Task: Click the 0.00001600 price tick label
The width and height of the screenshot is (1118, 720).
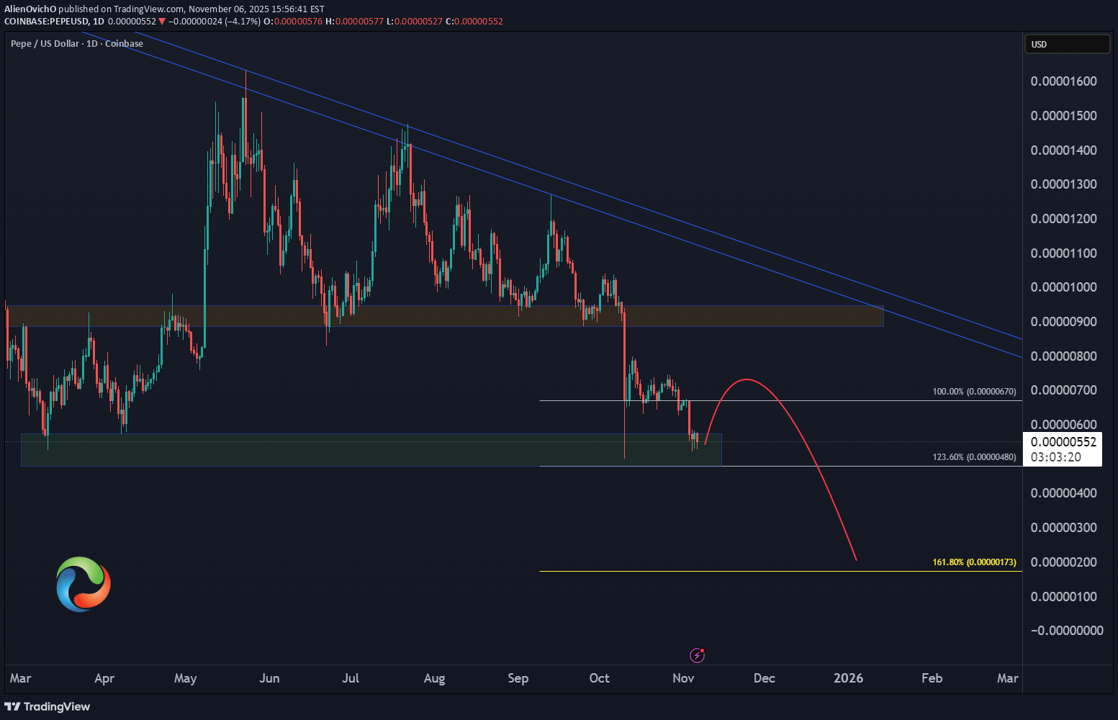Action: point(1063,81)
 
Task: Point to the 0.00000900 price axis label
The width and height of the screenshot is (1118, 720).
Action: point(1063,322)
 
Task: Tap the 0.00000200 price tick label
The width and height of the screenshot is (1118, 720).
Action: point(1063,562)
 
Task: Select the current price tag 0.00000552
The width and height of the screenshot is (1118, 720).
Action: point(1063,442)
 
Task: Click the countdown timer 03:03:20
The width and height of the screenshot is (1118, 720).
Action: point(1056,457)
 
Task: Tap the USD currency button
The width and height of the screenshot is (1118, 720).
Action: point(1067,45)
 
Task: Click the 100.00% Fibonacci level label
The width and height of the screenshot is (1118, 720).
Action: point(974,392)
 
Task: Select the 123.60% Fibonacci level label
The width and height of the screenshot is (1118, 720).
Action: point(974,457)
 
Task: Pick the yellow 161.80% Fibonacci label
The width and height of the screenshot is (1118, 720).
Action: point(974,562)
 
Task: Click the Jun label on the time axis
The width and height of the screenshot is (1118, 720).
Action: point(269,678)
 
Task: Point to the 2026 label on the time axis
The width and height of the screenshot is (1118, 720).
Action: point(848,678)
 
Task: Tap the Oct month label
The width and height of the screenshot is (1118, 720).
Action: point(599,678)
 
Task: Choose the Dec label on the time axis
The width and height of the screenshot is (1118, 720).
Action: point(764,678)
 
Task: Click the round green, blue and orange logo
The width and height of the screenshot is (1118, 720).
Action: point(84,584)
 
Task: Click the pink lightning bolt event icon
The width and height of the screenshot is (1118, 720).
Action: point(697,655)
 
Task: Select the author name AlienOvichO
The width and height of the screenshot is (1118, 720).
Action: point(30,9)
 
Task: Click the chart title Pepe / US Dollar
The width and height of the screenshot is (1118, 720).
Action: point(45,44)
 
